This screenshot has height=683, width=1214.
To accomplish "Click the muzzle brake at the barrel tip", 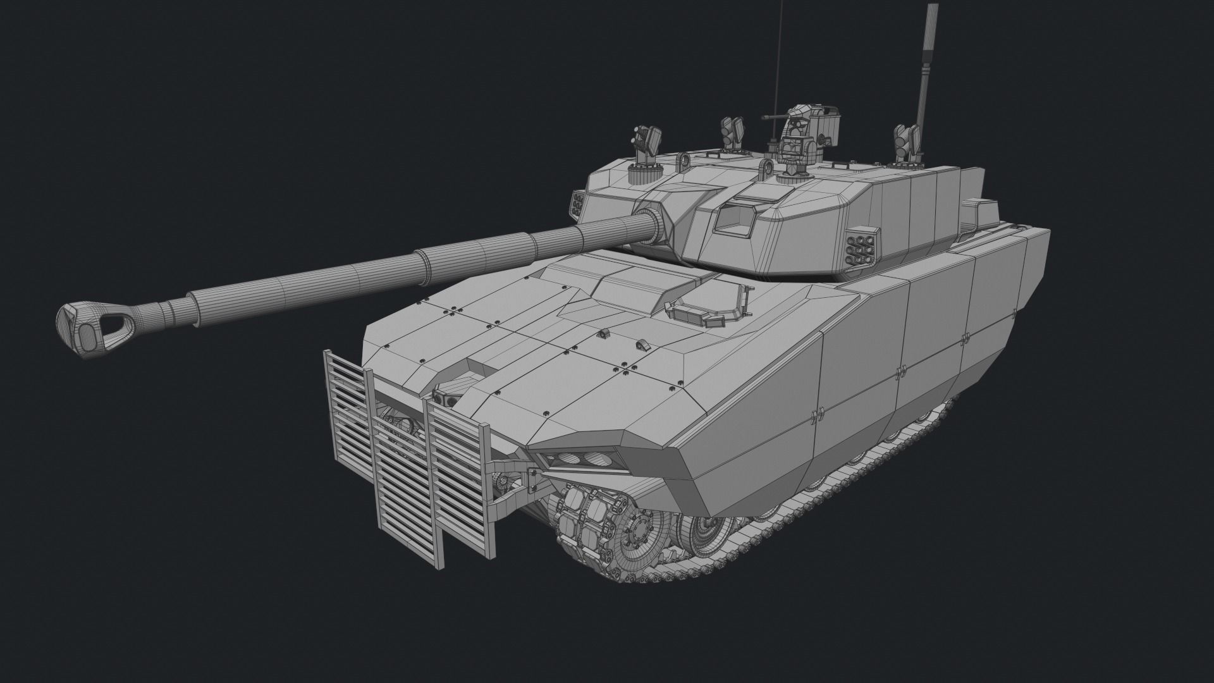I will pyautogui.click(x=89, y=327).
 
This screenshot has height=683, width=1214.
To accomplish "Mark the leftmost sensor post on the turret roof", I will pyautogui.click(x=646, y=145).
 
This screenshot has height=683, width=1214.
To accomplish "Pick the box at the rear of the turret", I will pyautogui.click(x=980, y=215).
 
